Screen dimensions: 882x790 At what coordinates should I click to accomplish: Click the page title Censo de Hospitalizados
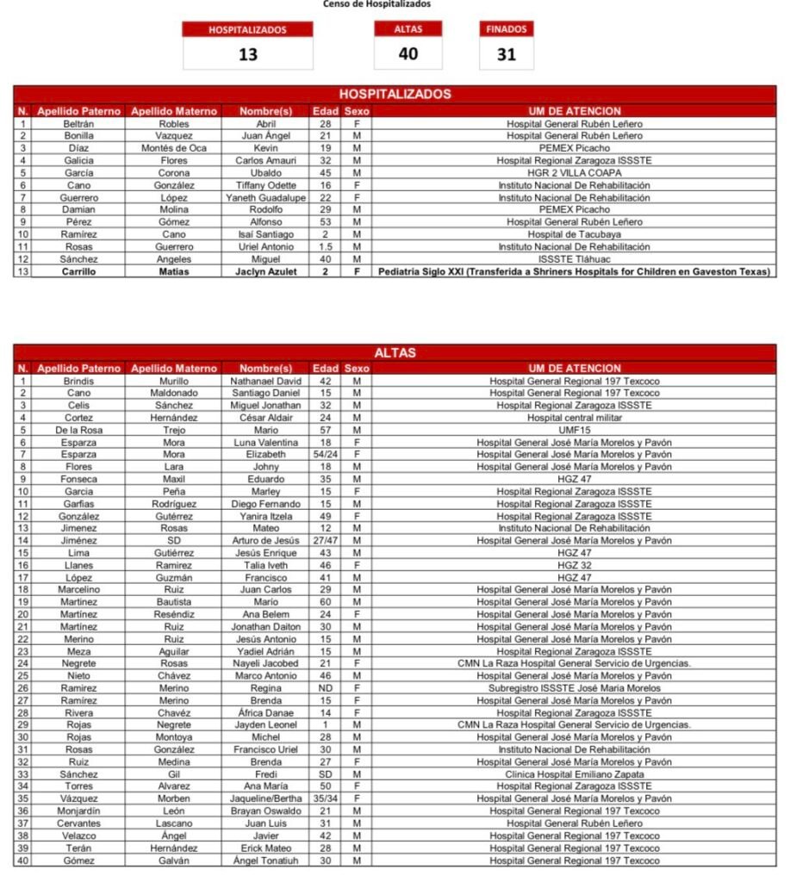point(377,4)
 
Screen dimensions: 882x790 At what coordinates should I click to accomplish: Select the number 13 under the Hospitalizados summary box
point(247,54)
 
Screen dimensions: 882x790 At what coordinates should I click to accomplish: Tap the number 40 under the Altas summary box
point(407,53)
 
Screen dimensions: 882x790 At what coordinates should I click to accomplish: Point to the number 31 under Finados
point(506,54)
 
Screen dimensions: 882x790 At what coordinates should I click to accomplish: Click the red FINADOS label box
point(506,29)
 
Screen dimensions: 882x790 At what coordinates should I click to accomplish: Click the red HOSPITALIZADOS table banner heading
point(395,94)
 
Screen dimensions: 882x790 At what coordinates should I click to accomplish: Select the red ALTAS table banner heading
point(395,352)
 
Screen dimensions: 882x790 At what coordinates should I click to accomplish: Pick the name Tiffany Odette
point(265,185)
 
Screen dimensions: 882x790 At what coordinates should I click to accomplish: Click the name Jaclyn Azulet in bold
point(265,272)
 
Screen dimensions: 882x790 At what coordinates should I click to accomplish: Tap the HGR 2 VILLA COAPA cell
point(574,173)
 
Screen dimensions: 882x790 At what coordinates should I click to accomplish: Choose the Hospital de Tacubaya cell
point(574,234)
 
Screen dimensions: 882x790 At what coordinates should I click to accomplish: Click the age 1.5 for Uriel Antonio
point(326,247)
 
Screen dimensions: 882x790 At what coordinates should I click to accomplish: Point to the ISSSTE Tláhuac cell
point(574,259)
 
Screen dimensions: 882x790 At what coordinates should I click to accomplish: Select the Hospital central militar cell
point(574,418)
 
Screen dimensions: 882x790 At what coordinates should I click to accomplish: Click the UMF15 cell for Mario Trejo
point(574,430)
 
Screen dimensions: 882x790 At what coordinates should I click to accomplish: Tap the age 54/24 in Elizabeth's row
point(326,454)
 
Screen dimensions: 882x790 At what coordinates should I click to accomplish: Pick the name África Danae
point(265,713)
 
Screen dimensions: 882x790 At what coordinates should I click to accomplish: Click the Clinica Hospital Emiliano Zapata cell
point(574,774)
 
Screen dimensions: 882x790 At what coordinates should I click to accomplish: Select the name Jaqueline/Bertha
point(265,798)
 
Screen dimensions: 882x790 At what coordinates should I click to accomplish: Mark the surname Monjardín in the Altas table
point(78,811)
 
